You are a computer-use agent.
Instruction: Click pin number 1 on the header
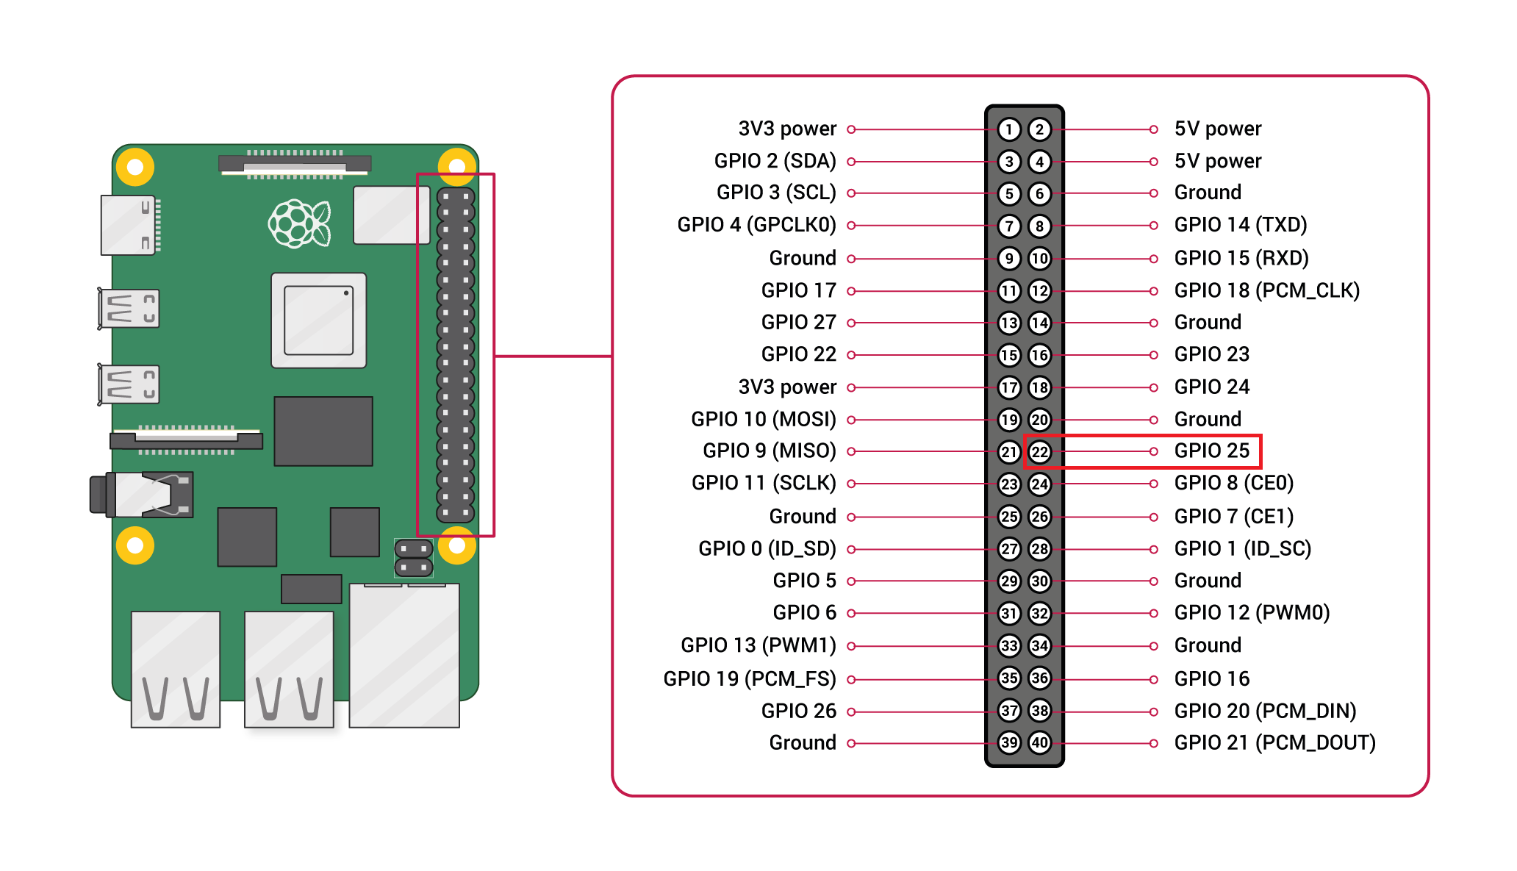tap(1009, 129)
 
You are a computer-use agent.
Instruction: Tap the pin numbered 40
tap(1039, 742)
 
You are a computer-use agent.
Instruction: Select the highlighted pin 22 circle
tap(1039, 451)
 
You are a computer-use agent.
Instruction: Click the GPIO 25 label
tap(1211, 451)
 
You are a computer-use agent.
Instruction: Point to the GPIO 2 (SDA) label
tap(775, 161)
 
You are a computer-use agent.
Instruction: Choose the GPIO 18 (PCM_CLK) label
tap(1266, 290)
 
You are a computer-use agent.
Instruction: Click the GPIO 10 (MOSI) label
tap(763, 419)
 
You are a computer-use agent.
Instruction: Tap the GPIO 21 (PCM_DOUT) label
tap(1274, 742)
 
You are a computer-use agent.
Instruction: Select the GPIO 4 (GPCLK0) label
tap(756, 225)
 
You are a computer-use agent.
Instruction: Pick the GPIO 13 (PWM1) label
tap(758, 645)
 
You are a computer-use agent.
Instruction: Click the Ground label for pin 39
tap(802, 742)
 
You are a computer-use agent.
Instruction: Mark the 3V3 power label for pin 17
tap(787, 387)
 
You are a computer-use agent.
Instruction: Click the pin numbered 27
tap(1009, 548)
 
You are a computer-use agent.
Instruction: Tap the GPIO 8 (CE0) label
tap(1233, 483)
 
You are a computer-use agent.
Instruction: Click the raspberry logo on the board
tap(299, 223)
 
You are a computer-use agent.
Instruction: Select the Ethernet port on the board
tap(404, 654)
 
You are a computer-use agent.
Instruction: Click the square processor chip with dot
tap(318, 320)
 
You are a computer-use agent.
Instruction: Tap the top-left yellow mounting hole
tap(135, 167)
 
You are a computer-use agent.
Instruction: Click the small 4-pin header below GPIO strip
tap(414, 558)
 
